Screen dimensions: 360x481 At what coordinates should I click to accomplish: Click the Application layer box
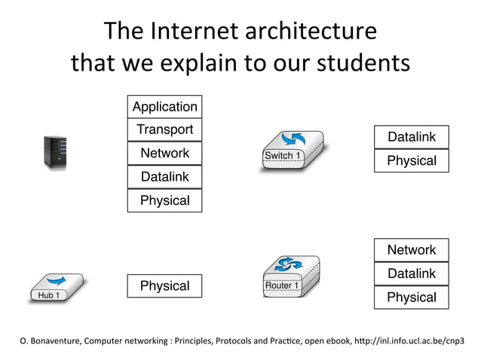(164, 106)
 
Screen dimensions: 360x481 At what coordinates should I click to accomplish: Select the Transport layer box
(164, 130)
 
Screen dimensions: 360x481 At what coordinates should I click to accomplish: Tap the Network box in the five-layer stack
(164, 153)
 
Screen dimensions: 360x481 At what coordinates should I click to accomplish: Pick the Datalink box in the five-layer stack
(164, 177)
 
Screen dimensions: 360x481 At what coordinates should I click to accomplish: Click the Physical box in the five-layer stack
(164, 200)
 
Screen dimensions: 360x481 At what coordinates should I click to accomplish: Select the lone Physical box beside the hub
(164, 286)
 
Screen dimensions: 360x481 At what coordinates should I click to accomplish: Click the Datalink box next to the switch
(411, 137)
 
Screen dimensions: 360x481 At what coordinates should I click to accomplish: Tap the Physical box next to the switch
(411, 160)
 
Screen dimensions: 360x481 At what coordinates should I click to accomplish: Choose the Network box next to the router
(411, 250)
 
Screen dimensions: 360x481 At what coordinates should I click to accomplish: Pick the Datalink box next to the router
(411, 273)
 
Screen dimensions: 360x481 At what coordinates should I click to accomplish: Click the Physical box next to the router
(411, 297)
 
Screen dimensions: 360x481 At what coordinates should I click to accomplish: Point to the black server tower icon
(55, 152)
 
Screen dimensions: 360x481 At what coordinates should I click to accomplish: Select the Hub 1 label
(49, 296)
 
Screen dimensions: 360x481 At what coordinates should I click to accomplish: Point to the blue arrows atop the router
(289, 264)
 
